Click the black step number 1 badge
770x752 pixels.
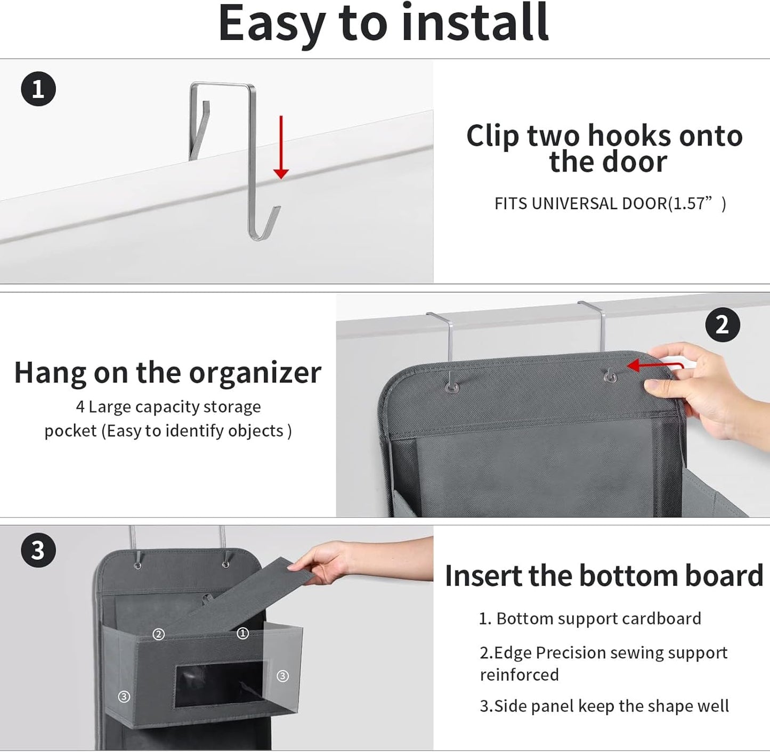point(38,89)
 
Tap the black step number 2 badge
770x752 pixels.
point(723,324)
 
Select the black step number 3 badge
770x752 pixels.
point(38,550)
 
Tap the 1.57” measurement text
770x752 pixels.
point(696,203)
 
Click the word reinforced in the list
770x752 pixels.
point(519,675)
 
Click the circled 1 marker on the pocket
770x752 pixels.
point(242,633)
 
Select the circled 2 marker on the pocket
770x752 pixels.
point(158,634)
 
